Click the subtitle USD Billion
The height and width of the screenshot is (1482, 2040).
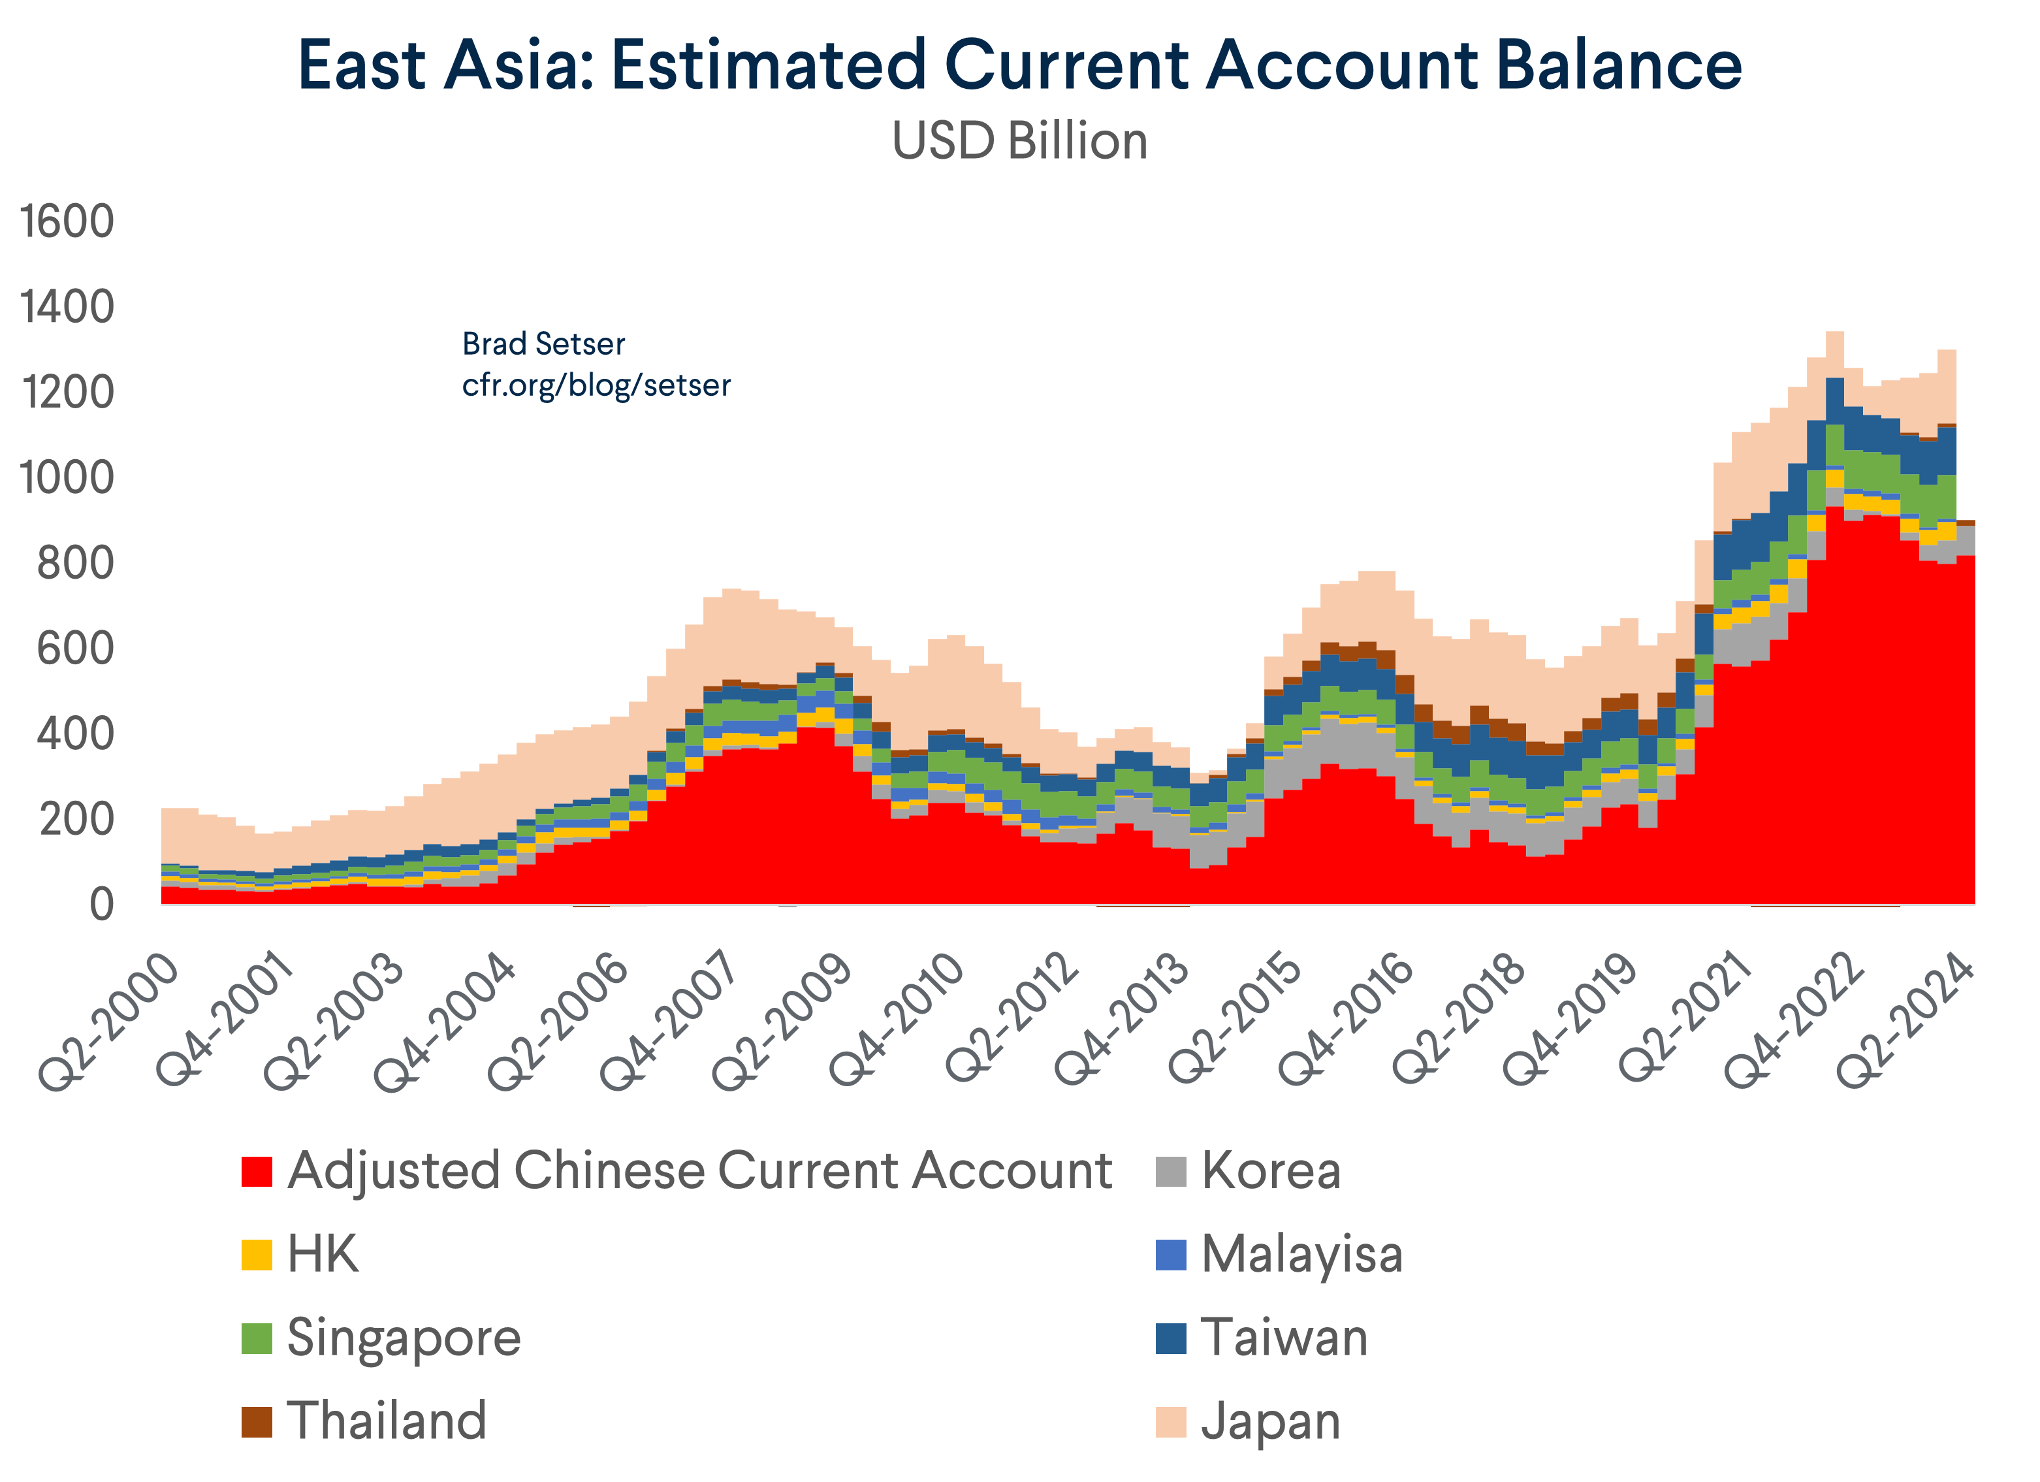tap(1019, 141)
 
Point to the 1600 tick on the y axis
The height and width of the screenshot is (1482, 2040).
tap(67, 221)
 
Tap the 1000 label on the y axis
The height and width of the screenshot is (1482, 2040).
tap(67, 478)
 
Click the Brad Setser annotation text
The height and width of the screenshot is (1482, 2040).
tap(543, 344)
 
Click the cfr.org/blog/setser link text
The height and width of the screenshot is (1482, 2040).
tap(596, 385)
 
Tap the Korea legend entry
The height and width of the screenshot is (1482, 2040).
tap(1270, 1170)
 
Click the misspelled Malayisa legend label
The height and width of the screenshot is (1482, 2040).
tap(1301, 1254)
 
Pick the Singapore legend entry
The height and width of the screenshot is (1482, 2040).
tap(403, 1338)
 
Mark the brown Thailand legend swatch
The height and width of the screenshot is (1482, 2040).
tap(257, 1422)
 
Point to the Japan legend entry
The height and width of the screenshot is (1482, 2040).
tap(1270, 1422)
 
